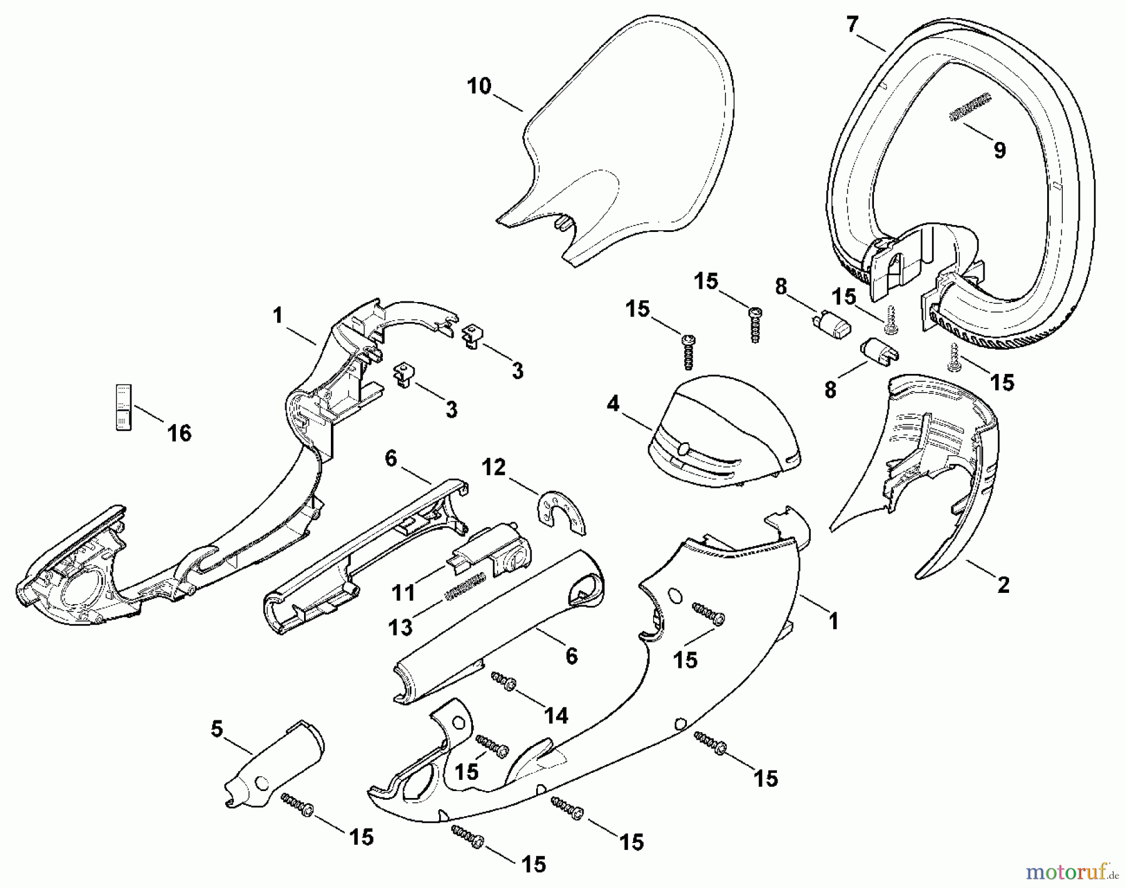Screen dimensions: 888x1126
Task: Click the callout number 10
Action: pos(479,86)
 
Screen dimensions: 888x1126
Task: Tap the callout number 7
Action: pos(852,25)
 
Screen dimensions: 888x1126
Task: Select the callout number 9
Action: pos(999,151)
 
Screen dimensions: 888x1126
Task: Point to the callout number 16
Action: pos(180,433)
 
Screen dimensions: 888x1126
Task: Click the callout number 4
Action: pos(613,405)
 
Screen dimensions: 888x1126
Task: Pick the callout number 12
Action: pos(493,467)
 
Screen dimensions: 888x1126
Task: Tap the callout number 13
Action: pos(400,627)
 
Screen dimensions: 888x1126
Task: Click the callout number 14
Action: pos(555,715)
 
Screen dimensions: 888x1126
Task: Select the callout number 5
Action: pos(216,729)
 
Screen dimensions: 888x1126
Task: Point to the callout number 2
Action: pos(1003,585)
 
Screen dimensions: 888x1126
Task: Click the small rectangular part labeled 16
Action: pos(124,407)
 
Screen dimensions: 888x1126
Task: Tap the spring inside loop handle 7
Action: pos(970,107)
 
